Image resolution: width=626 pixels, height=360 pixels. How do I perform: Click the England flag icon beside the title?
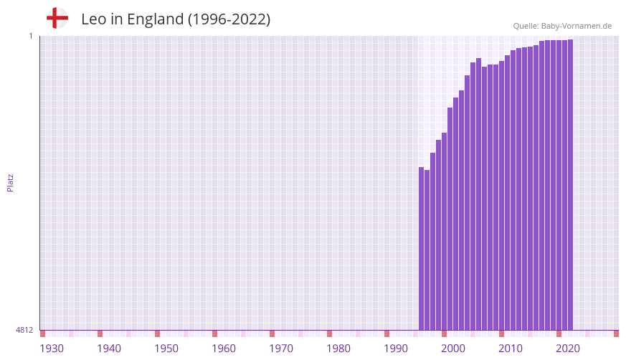coord(57,18)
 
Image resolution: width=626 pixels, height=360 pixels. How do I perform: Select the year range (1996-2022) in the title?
coord(229,19)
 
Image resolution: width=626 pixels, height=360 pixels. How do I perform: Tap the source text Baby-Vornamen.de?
coord(576,26)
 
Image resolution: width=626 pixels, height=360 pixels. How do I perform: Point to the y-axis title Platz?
coord(10,182)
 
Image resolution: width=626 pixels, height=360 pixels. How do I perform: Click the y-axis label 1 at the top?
coord(31,36)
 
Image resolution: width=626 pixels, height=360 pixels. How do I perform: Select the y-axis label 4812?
coord(24,330)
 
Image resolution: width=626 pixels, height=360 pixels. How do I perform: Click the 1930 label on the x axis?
coord(52,349)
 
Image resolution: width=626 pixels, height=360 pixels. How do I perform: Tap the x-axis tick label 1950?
coord(166,349)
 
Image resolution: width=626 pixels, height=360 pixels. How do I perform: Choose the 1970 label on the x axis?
coord(281,349)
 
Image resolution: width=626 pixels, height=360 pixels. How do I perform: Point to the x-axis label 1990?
coord(396,349)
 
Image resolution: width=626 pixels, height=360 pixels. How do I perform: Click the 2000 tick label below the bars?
coord(453,349)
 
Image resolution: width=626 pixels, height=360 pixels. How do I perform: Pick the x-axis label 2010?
coord(511,349)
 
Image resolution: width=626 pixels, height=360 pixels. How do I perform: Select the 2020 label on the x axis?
coord(568,349)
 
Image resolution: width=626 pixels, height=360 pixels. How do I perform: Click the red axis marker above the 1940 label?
coord(100,333)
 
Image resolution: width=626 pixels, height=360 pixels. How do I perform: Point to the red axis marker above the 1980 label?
coord(330,333)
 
